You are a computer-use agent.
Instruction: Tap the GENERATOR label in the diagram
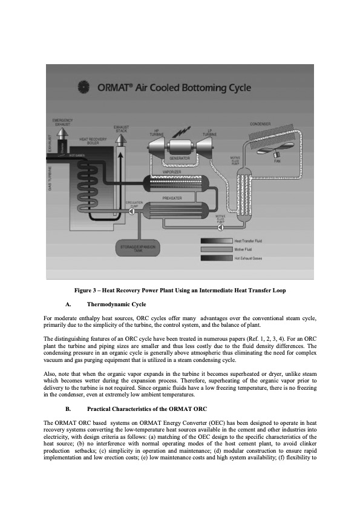tap(180, 158)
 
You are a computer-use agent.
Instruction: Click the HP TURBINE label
tap(157, 133)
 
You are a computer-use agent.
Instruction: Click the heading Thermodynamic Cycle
tap(116, 303)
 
